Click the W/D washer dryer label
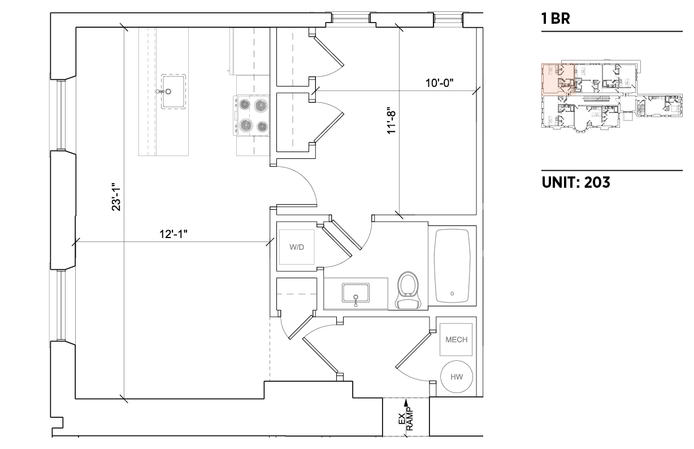point(297,247)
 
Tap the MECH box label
point(456,339)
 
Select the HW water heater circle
point(457,377)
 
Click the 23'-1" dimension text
point(116,197)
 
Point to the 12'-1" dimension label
point(173,234)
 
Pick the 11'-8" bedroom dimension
point(392,120)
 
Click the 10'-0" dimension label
point(439,83)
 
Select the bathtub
point(452,266)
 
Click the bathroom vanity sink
point(355,293)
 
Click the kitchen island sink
point(173,92)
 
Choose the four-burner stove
point(251,115)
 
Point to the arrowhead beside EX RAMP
point(406,403)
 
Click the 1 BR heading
point(556,18)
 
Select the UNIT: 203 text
point(576,182)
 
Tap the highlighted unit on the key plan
point(558,79)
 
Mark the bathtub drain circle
point(452,293)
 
